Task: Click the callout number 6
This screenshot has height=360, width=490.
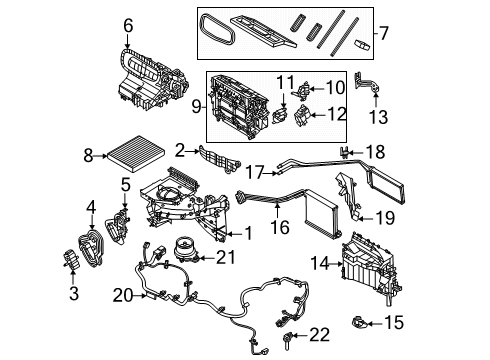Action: click(127, 25)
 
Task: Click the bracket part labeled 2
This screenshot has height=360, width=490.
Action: click(219, 158)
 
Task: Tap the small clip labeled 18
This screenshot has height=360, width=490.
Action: click(345, 152)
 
